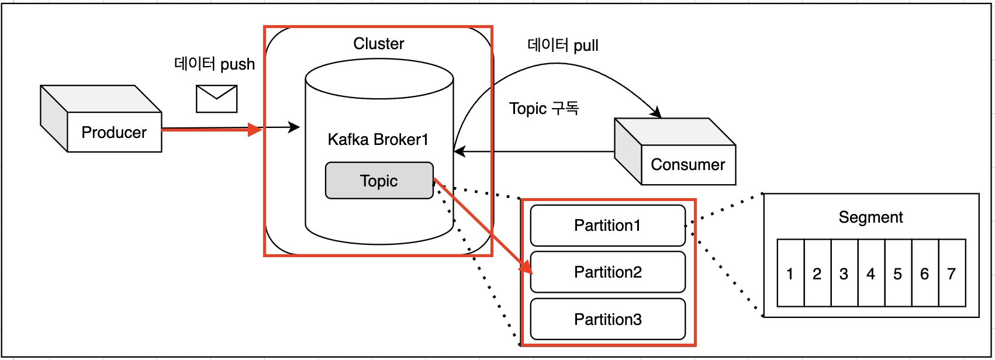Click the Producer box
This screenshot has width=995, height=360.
click(x=114, y=133)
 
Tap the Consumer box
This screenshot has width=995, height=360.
click(x=688, y=165)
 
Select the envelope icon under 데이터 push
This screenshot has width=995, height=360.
click(x=216, y=99)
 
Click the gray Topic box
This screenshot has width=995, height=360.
click(x=379, y=181)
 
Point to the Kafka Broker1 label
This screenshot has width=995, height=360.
click(x=378, y=140)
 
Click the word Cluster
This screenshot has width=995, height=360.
click(x=378, y=44)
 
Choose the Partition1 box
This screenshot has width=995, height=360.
click(x=607, y=226)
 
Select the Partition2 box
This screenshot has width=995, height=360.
click(x=607, y=272)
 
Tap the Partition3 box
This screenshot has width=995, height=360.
click(x=607, y=320)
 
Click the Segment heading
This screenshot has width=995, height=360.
click(x=870, y=217)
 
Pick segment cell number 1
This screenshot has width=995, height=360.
click(x=790, y=274)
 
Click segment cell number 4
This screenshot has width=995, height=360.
click(x=871, y=274)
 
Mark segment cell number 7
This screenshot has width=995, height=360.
click(x=952, y=274)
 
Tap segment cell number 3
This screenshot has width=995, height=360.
click(x=844, y=274)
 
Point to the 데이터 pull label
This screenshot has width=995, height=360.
click(x=562, y=46)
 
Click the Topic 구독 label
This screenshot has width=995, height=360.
click(x=544, y=109)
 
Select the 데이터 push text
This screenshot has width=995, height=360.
click(x=215, y=64)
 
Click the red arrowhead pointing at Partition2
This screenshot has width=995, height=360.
click(x=526, y=266)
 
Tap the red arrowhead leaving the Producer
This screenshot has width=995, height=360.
click(x=255, y=129)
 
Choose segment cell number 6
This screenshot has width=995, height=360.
click(x=925, y=274)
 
